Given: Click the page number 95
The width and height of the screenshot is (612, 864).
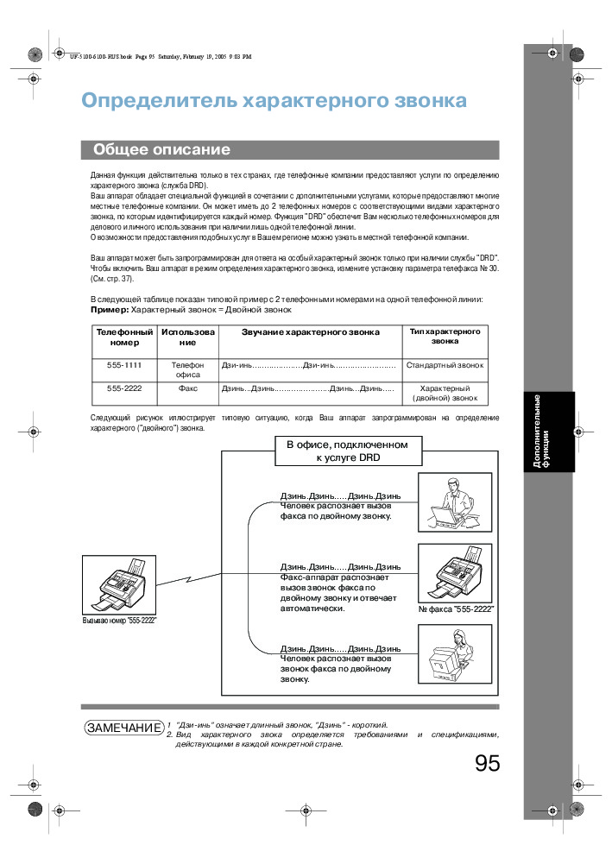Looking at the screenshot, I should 487,763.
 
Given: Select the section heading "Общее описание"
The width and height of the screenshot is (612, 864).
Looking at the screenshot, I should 161,150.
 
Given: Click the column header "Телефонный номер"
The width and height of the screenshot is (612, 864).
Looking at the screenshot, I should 124,337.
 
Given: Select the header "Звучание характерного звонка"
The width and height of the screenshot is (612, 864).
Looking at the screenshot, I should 310,331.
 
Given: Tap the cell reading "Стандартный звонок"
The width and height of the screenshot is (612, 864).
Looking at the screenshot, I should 445,365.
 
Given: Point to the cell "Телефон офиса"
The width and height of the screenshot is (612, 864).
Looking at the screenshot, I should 188,369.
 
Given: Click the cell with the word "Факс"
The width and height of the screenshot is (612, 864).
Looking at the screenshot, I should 188,388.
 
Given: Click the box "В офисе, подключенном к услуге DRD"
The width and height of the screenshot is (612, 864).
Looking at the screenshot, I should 346,450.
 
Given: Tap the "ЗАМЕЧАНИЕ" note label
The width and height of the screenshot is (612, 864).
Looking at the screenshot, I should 123,728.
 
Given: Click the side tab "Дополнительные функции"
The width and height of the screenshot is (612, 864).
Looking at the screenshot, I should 542,432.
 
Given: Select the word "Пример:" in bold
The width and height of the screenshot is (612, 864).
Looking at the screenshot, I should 110,309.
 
